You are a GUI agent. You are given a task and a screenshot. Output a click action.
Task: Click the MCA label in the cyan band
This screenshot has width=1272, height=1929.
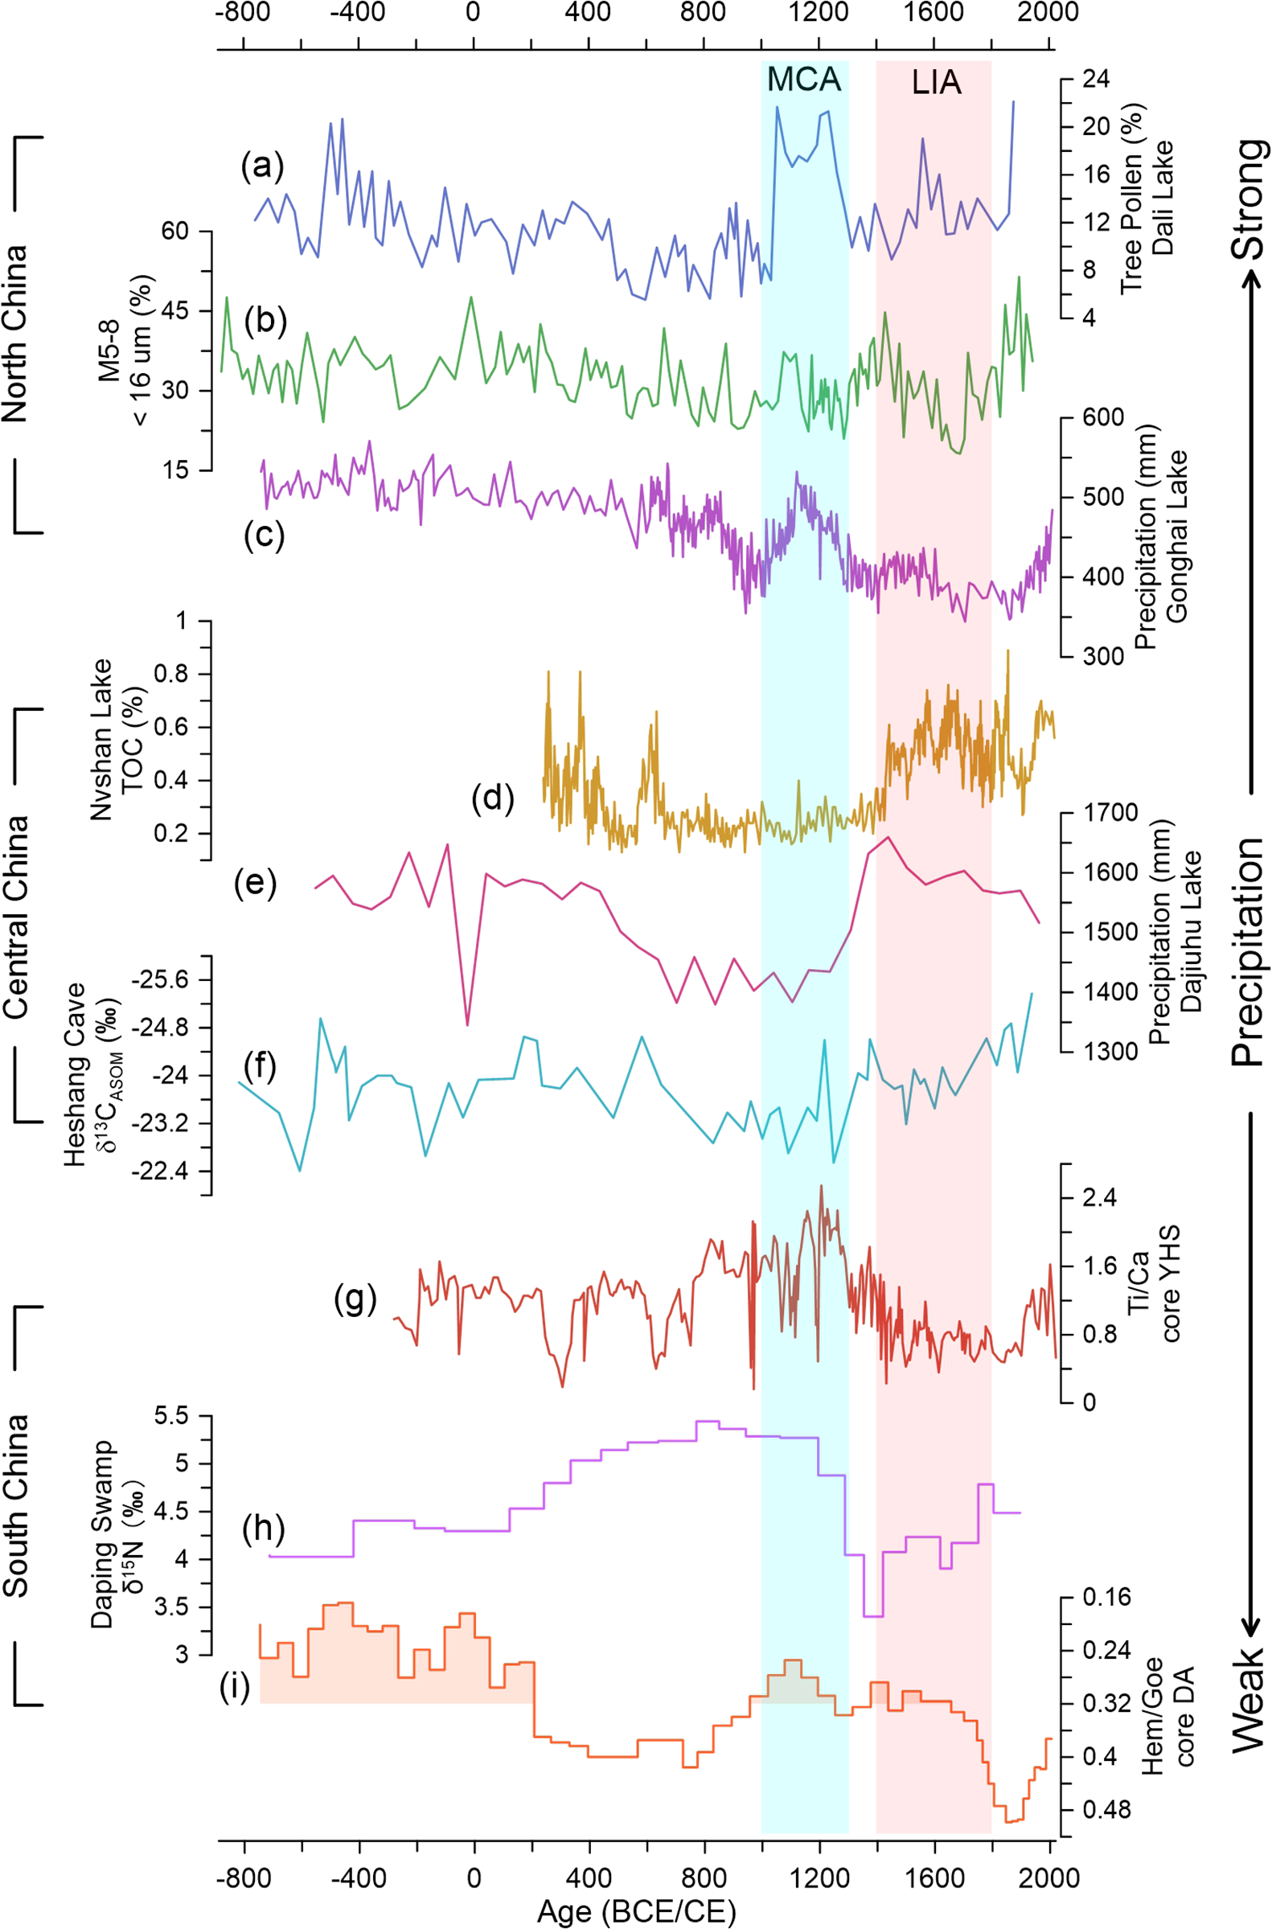click(x=804, y=80)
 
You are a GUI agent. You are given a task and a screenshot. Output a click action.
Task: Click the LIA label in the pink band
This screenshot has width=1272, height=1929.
click(x=936, y=82)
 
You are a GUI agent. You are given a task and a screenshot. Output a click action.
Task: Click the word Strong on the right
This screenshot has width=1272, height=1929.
click(x=1248, y=199)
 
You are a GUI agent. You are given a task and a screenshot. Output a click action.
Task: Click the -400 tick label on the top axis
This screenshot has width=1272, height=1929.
click(x=358, y=12)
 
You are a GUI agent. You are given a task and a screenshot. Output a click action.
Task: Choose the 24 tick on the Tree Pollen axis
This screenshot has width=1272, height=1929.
click(x=1096, y=80)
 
